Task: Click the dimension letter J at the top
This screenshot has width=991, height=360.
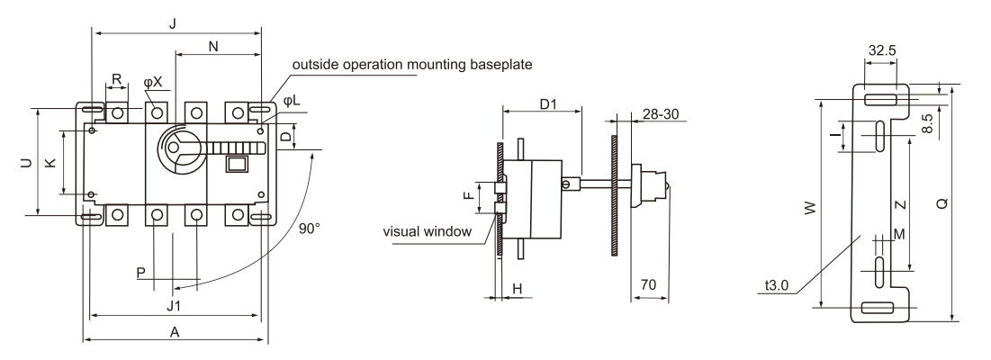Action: click(x=172, y=23)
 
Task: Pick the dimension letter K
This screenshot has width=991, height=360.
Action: click(x=50, y=162)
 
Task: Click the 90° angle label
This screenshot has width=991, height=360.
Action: click(x=309, y=230)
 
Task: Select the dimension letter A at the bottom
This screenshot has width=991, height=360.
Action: click(x=176, y=332)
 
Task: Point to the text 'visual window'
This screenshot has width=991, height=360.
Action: click(x=428, y=232)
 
